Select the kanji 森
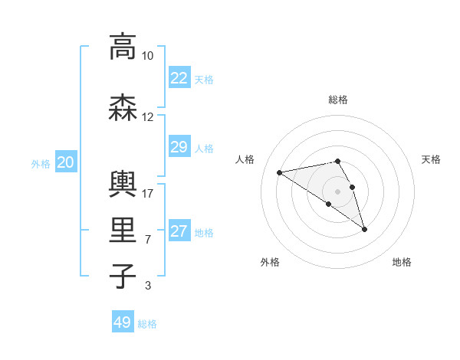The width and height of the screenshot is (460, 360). pyautogui.click(x=123, y=108)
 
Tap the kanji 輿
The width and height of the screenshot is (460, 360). pyautogui.click(x=123, y=184)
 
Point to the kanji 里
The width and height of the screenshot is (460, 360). pyautogui.click(x=123, y=231)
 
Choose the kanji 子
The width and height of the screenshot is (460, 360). pyautogui.click(x=123, y=276)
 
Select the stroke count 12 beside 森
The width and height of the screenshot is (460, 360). pyautogui.click(x=147, y=117)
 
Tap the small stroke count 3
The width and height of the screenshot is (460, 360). pyautogui.click(x=147, y=286)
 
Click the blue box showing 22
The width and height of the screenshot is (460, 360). pyautogui.click(x=179, y=78)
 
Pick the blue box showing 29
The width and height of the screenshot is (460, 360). pyautogui.click(x=179, y=147)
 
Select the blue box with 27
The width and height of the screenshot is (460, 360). pyautogui.click(x=179, y=231)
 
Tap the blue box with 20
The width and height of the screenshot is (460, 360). pyautogui.click(x=66, y=162)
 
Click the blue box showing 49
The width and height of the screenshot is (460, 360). pyautogui.click(x=123, y=322)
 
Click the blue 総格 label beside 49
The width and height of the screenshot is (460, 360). pyautogui.click(x=147, y=324)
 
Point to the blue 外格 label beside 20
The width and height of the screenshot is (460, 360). pyautogui.click(x=41, y=163)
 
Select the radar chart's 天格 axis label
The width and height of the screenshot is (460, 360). pyautogui.click(x=432, y=159)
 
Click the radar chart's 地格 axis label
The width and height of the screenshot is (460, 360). pyautogui.click(x=402, y=262)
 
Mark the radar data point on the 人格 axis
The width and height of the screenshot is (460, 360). pyautogui.click(x=280, y=172)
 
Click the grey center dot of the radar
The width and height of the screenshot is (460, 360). pyautogui.click(x=337, y=191)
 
